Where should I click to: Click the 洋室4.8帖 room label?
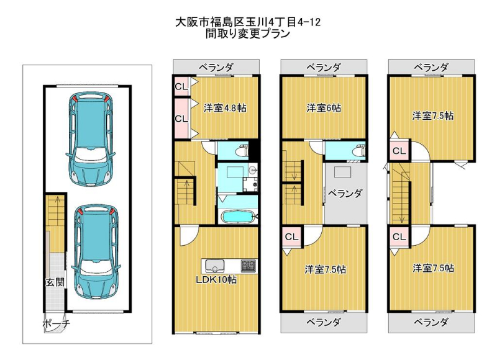coord(225,108)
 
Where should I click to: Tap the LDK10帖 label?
coord(216,279)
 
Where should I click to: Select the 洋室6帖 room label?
coord(324,108)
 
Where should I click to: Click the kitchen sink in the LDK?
coord(215,266)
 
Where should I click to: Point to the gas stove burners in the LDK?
coord(249,266)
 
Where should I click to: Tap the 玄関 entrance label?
coord(55,282)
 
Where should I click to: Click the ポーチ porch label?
coord(56,323)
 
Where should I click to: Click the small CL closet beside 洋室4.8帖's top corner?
coord(181,86)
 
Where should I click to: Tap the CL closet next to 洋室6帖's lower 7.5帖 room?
coord(291,236)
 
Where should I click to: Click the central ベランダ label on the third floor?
coord(345,193)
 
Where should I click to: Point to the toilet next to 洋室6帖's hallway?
coord(360,151)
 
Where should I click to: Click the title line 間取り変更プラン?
coord(248,34)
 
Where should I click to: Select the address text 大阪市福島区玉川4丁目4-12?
coord(248,22)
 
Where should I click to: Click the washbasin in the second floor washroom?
coord(253,170)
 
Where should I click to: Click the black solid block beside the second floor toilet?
coord(253,151)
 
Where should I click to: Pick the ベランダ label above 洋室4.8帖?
coord(216,67)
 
